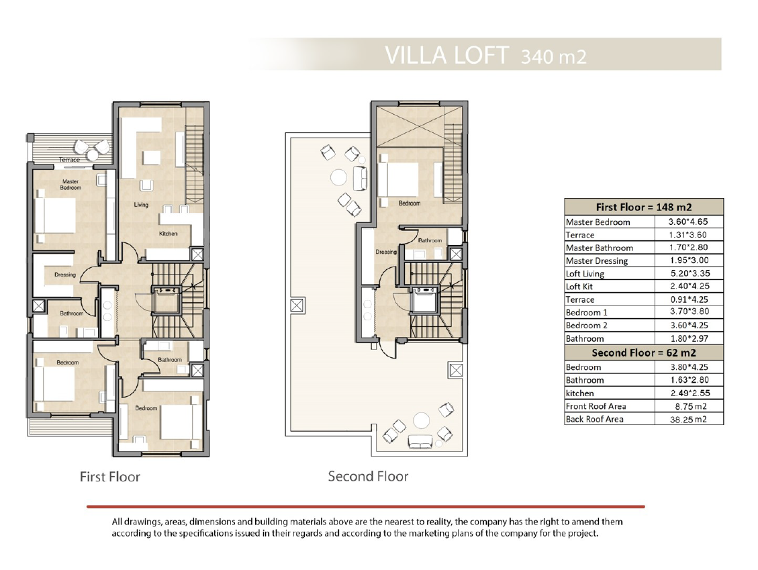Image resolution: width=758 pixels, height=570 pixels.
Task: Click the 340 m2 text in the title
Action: click(x=553, y=56)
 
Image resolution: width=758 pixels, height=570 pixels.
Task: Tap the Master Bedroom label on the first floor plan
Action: click(x=70, y=185)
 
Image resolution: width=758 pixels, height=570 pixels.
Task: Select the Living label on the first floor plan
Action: click(x=141, y=205)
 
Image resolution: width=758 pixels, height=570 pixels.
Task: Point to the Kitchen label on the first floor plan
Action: click(x=169, y=234)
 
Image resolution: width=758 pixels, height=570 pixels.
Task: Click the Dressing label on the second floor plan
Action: click(x=386, y=252)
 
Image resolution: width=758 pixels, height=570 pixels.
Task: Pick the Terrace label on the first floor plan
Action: click(x=70, y=160)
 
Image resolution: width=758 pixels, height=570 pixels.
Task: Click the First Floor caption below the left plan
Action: click(x=109, y=477)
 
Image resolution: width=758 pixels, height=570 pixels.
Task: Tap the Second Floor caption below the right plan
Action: click(x=368, y=476)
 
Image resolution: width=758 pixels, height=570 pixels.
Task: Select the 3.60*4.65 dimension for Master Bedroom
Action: click(x=688, y=222)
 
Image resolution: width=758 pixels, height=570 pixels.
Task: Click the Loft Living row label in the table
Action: click(x=585, y=274)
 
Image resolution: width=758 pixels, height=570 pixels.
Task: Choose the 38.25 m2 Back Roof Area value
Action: click(x=688, y=420)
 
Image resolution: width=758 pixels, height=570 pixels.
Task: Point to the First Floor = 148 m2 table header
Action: click(x=643, y=207)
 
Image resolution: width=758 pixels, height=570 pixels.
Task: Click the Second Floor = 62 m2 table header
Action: click(x=643, y=352)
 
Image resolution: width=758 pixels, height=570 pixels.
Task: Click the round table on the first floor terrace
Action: click(x=92, y=154)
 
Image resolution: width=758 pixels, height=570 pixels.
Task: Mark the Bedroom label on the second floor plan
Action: click(x=410, y=203)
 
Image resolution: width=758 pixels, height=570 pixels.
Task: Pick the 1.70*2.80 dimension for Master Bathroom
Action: click(x=689, y=248)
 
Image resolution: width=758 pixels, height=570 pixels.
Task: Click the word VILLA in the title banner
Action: click(x=416, y=55)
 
